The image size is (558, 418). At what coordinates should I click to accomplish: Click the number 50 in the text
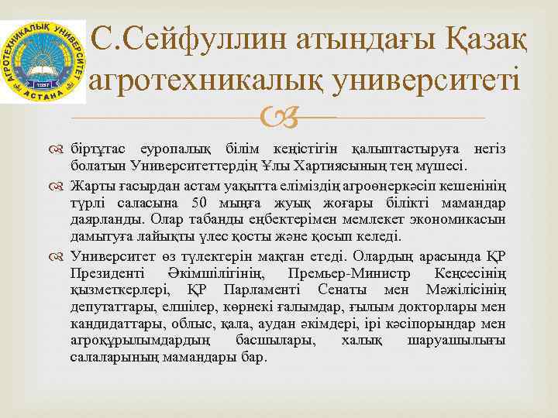point(199,204)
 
